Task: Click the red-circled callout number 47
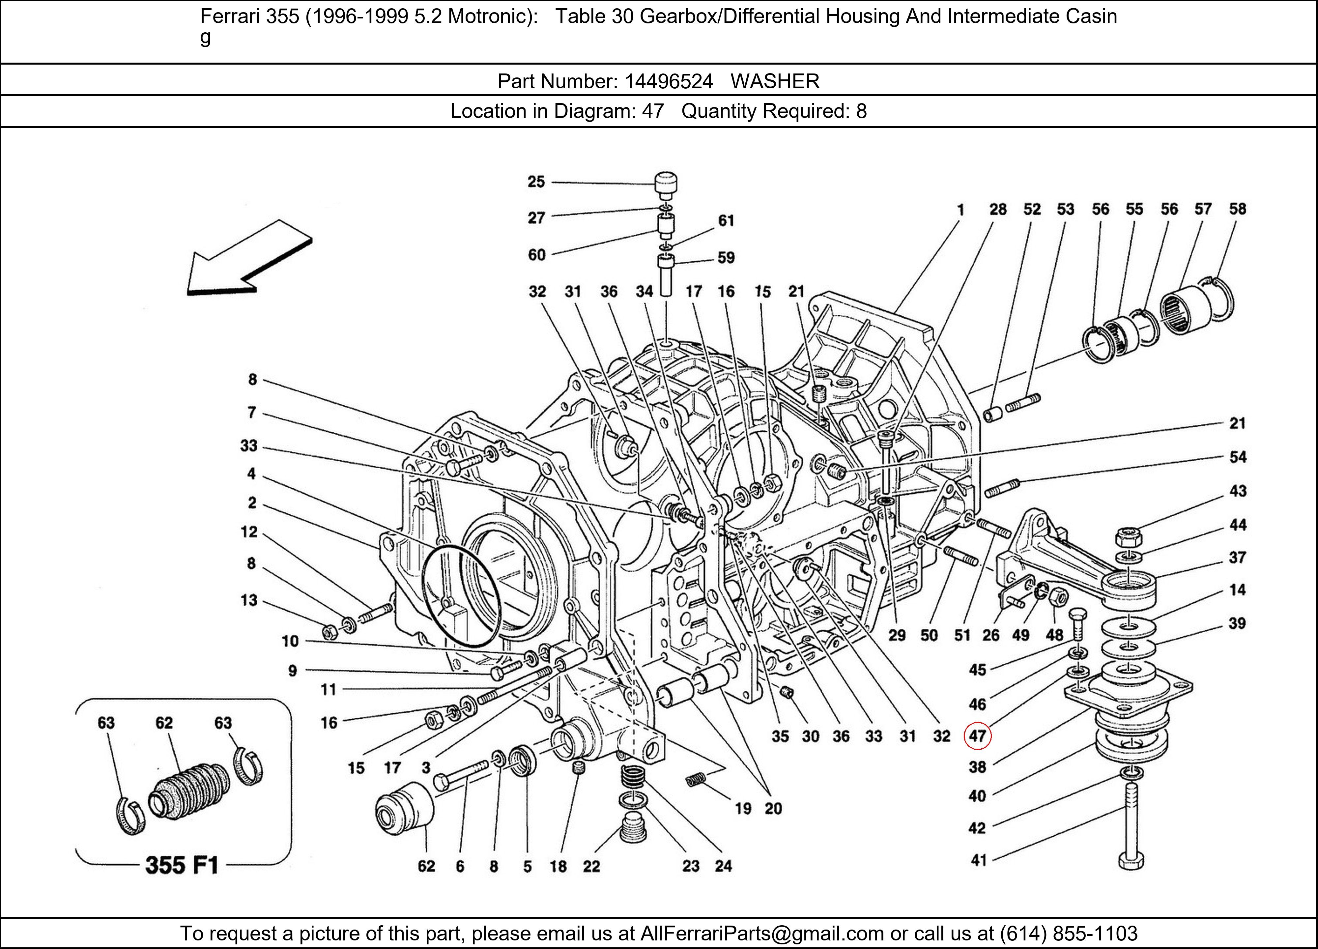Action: [x=977, y=736]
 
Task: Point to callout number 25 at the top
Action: [x=536, y=182]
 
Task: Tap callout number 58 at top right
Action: [x=1237, y=209]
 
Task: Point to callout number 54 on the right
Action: [x=1237, y=457]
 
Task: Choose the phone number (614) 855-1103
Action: [x=1068, y=933]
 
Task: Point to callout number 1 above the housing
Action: [x=960, y=210]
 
